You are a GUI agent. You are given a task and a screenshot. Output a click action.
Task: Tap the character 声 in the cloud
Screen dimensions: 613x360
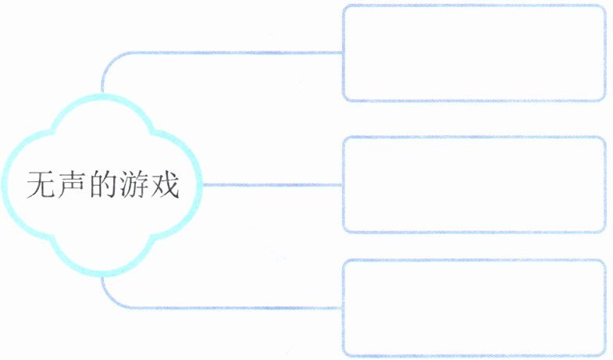[73, 186]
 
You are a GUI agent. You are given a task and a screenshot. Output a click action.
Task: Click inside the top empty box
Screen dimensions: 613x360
[474, 53]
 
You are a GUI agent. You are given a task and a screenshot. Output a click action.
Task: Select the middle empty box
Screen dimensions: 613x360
[474, 184]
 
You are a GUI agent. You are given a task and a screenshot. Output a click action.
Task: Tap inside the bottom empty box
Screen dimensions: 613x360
[474, 308]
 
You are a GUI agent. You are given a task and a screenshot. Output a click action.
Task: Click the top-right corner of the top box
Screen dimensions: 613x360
[604, 7]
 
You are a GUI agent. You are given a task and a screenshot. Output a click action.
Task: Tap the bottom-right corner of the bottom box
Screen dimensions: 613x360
[604, 355]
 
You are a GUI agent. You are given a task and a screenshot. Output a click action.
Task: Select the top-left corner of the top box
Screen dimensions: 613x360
[345, 7]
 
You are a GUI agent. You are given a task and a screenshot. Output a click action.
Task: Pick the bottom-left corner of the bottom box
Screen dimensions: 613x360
[345, 355]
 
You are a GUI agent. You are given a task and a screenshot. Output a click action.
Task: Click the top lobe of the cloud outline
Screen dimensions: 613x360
[102, 97]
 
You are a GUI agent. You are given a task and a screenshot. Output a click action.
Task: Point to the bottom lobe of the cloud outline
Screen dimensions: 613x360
[102, 274]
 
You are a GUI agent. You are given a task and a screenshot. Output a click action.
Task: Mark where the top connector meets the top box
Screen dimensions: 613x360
[343, 52]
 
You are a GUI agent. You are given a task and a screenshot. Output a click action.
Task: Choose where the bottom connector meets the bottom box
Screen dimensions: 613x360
[343, 308]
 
